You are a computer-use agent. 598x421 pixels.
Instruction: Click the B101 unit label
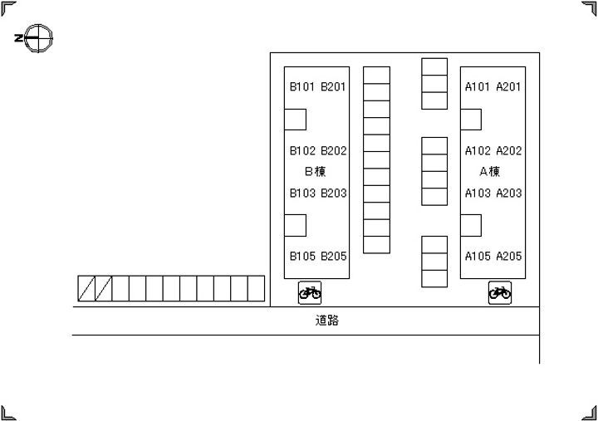(x=302, y=87)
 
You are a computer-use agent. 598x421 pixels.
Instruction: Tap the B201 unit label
(x=333, y=87)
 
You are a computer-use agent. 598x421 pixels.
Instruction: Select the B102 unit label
(x=302, y=151)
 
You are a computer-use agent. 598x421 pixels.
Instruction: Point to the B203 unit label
(x=334, y=193)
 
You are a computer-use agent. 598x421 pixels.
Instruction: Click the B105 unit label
(x=302, y=257)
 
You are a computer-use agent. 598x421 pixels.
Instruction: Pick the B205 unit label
(x=334, y=257)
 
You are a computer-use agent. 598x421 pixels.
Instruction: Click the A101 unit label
(x=477, y=87)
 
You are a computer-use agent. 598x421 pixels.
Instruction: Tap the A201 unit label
(x=508, y=87)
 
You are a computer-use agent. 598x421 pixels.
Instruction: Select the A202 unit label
(x=509, y=151)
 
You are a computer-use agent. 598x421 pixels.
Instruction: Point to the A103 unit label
(x=478, y=193)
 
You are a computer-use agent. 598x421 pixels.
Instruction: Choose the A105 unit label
(x=478, y=257)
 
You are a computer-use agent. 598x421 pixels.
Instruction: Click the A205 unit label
(x=509, y=257)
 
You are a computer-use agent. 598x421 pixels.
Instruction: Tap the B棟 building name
(x=316, y=172)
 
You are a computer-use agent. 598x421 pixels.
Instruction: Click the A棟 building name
(x=490, y=172)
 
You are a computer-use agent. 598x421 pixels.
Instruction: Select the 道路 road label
(x=327, y=321)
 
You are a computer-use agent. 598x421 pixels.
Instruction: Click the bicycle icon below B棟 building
(x=310, y=293)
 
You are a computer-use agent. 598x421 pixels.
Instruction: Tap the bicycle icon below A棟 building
(x=500, y=293)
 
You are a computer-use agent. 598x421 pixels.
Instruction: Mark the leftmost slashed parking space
(x=86, y=289)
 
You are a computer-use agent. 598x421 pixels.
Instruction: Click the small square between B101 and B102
(x=295, y=120)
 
